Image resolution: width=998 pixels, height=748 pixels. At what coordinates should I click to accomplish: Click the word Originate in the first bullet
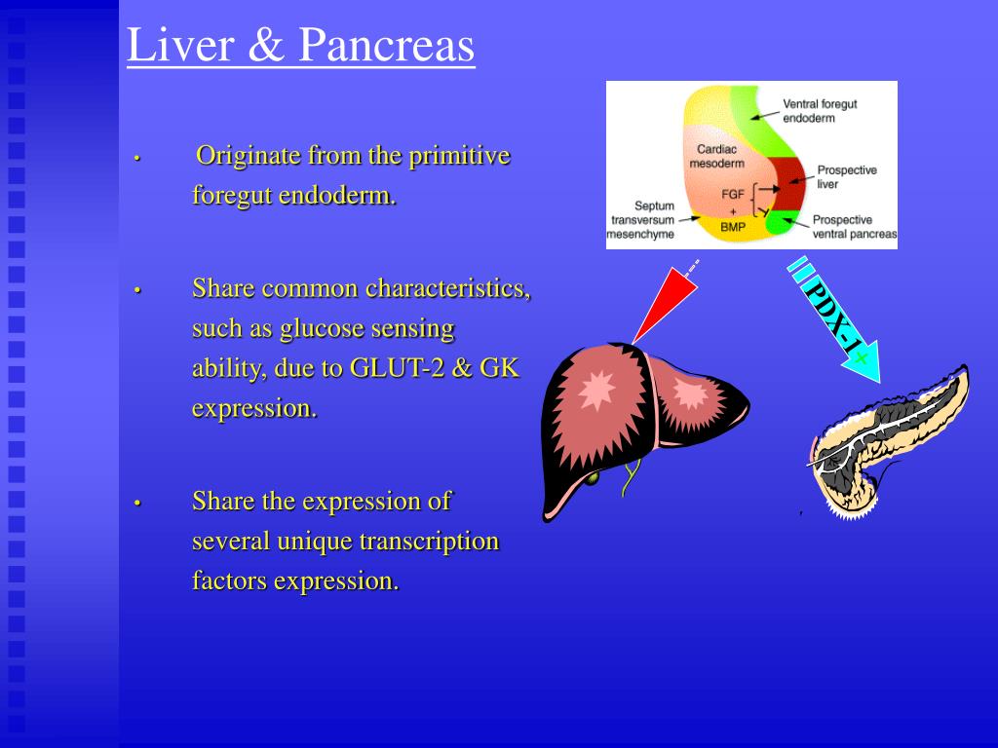pyautogui.click(x=249, y=156)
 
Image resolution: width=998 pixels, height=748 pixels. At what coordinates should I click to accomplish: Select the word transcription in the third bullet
pyautogui.click(x=429, y=541)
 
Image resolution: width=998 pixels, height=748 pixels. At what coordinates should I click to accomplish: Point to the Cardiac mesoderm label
pyautogui.click(x=717, y=157)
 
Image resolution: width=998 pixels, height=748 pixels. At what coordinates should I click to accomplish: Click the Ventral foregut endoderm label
pyautogui.click(x=820, y=111)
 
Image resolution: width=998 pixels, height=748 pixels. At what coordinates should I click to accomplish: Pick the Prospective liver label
pyautogui.click(x=846, y=176)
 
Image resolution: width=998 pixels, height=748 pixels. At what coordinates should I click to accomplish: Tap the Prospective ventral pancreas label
pyautogui.click(x=854, y=227)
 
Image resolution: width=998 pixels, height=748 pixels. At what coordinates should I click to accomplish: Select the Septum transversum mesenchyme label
pyautogui.click(x=640, y=220)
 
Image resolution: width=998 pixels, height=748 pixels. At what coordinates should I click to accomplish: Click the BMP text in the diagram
pyautogui.click(x=733, y=226)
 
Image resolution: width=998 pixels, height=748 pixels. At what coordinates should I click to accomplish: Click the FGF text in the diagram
pyautogui.click(x=733, y=194)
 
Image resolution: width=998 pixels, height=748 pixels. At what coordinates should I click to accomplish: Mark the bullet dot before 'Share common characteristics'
pyautogui.click(x=138, y=290)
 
